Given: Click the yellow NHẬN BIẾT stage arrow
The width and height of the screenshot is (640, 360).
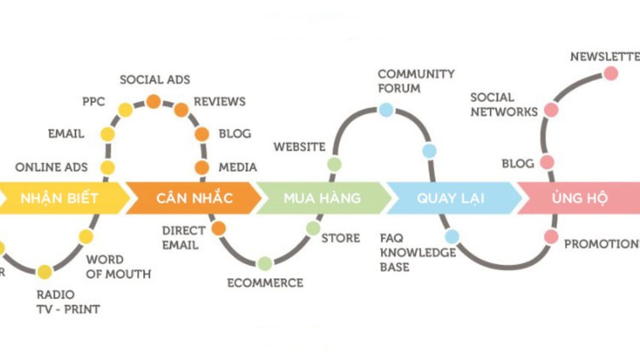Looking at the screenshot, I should [60, 198].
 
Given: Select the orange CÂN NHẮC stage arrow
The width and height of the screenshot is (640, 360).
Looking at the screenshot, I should [194, 198].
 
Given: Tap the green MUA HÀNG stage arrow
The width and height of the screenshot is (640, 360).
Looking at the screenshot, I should [322, 198].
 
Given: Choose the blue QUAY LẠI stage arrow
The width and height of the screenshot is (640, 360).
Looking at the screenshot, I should [451, 198].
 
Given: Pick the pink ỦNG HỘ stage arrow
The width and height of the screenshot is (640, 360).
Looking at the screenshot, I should [580, 198].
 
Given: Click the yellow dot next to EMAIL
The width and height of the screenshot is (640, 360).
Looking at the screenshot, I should [108, 134].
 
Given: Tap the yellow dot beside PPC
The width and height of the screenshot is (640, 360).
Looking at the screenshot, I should [126, 110].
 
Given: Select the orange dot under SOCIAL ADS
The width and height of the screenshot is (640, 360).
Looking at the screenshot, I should [154, 101].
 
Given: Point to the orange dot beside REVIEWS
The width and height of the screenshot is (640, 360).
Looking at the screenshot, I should [181, 110].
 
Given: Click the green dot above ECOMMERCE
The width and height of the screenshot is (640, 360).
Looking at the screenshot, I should [265, 263].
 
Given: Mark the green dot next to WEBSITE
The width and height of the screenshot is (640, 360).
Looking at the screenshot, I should [334, 164].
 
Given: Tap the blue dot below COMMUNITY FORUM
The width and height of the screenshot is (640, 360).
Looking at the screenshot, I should [386, 110].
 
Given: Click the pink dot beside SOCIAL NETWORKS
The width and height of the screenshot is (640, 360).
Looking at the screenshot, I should [551, 110].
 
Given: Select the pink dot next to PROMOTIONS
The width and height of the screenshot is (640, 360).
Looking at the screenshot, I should [551, 237].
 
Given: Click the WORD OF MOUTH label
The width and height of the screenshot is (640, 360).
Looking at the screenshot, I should [118, 267].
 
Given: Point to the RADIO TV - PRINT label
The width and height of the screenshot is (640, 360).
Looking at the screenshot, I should [68, 302].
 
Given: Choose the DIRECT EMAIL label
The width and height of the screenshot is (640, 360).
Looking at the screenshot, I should [184, 238].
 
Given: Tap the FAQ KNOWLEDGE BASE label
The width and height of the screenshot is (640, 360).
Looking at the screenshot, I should [418, 252].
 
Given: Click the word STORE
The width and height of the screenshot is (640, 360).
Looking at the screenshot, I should [341, 238].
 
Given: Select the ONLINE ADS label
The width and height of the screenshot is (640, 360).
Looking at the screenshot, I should [51, 167].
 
